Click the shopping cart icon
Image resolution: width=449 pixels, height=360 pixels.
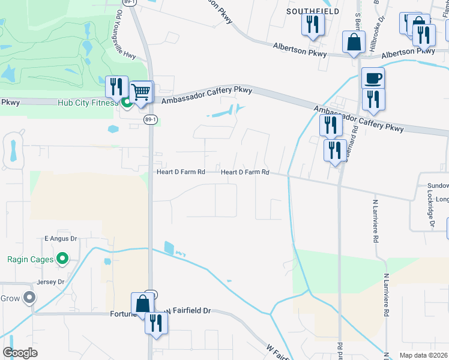[x=142, y=93]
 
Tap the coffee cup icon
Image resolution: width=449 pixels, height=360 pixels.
[x=373, y=79]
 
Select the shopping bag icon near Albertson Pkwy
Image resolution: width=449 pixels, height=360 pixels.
[x=354, y=42]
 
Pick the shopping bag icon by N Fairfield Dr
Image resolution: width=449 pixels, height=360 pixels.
[x=143, y=304]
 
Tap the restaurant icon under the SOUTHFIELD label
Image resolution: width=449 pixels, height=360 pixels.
[x=313, y=25]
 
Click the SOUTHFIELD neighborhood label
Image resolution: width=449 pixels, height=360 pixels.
[x=312, y=11]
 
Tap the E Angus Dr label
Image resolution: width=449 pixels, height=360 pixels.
[x=61, y=239]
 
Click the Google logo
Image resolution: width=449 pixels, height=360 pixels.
[x=20, y=353]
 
